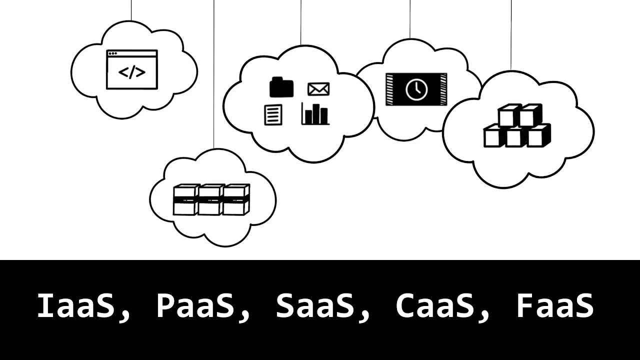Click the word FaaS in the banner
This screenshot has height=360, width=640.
(x=555, y=306)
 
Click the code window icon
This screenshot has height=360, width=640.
(x=132, y=69)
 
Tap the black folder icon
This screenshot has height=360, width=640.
(x=281, y=87)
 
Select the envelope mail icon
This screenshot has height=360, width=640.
(x=318, y=89)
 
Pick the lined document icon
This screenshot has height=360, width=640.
(x=273, y=114)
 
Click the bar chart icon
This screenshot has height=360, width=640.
(x=315, y=113)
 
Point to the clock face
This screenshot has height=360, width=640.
(x=416, y=89)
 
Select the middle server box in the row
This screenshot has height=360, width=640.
(x=211, y=199)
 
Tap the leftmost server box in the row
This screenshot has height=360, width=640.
(x=186, y=199)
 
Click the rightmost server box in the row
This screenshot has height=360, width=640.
(x=236, y=199)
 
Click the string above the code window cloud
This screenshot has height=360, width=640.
(x=131, y=10)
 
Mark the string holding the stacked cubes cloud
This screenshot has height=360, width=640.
(x=511, y=35)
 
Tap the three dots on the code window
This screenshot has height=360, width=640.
(x=113, y=53)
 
